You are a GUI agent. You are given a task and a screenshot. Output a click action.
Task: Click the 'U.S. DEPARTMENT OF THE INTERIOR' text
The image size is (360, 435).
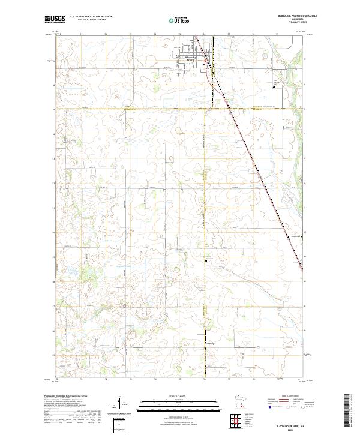(91, 17)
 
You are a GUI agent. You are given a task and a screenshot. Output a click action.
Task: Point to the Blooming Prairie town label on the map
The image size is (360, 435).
(191, 59)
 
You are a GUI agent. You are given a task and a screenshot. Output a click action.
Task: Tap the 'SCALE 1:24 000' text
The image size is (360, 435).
(170, 395)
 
